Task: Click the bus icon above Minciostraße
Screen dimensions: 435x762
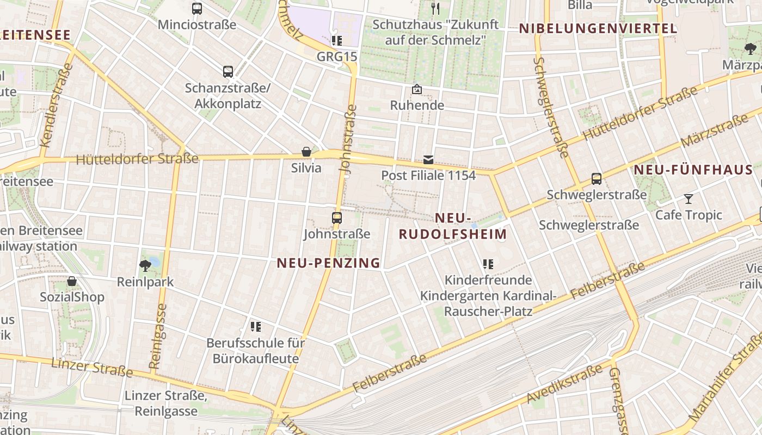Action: pos(197,9)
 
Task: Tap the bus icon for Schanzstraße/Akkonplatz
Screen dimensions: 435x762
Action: pos(228,71)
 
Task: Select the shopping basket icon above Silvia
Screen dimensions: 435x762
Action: pos(306,152)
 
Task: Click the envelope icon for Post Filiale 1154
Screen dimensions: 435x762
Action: pos(428,159)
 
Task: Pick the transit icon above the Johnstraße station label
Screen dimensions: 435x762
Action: pos(337,218)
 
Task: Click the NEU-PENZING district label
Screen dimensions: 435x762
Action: pos(329,263)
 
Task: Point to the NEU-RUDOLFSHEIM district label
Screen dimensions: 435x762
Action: pos(453,226)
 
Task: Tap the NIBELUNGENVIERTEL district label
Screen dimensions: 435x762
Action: pos(598,29)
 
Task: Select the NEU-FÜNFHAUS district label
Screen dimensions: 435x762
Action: pos(693,170)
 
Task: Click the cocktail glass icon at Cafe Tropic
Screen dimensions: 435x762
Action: pos(689,199)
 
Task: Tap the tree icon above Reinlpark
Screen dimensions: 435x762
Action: pos(145,265)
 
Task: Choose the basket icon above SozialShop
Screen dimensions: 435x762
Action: pos(72,281)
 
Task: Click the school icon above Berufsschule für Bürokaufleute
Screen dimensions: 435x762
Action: pos(256,327)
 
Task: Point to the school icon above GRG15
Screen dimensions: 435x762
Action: pos(337,41)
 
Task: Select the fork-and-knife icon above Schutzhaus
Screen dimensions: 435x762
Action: pos(435,8)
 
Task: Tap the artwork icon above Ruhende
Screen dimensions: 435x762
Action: pos(417,89)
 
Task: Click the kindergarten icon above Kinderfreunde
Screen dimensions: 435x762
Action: pos(488,264)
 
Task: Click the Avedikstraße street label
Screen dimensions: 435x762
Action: pos(564,384)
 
